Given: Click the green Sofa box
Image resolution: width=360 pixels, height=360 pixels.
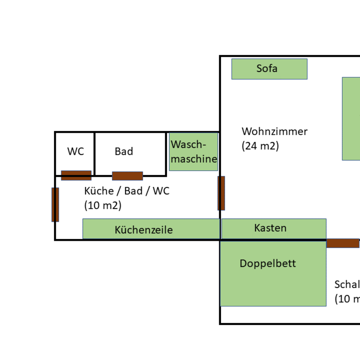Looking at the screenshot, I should [x=269, y=69].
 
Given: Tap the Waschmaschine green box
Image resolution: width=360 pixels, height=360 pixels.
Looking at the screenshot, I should [x=193, y=152].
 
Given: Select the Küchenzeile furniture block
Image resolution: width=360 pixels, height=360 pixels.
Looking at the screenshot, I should [x=151, y=229].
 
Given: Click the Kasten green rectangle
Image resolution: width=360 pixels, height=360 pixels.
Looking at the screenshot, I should [x=274, y=229].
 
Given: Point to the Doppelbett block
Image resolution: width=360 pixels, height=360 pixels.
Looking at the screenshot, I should [x=273, y=274].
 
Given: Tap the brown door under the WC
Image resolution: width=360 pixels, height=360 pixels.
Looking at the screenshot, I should [x=76, y=175].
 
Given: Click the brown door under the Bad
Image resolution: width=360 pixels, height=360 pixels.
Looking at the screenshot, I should [x=127, y=175].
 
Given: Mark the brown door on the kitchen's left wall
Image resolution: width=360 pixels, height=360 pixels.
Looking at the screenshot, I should [x=55, y=205].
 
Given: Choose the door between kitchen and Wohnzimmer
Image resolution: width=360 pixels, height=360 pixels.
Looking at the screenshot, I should [x=221, y=193].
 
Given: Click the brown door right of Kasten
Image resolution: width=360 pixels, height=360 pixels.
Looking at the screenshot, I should [x=343, y=243].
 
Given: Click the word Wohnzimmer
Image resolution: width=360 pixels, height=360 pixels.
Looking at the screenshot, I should [x=274, y=131].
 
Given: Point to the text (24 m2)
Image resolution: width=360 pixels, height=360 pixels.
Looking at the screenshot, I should [x=260, y=146].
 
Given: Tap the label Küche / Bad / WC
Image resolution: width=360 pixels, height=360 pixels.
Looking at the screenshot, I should [x=127, y=191].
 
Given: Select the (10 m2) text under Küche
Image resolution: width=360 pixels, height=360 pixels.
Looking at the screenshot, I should [x=103, y=205].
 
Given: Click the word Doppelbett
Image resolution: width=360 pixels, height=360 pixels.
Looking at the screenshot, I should [x=268, y=263].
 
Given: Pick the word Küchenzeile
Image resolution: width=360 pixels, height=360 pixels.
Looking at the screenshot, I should [x=144, y=230].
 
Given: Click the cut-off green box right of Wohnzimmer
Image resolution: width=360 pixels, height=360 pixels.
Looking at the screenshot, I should [x=351, y=118].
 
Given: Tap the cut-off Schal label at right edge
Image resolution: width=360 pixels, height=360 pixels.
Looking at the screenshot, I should [x=347, y=284].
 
